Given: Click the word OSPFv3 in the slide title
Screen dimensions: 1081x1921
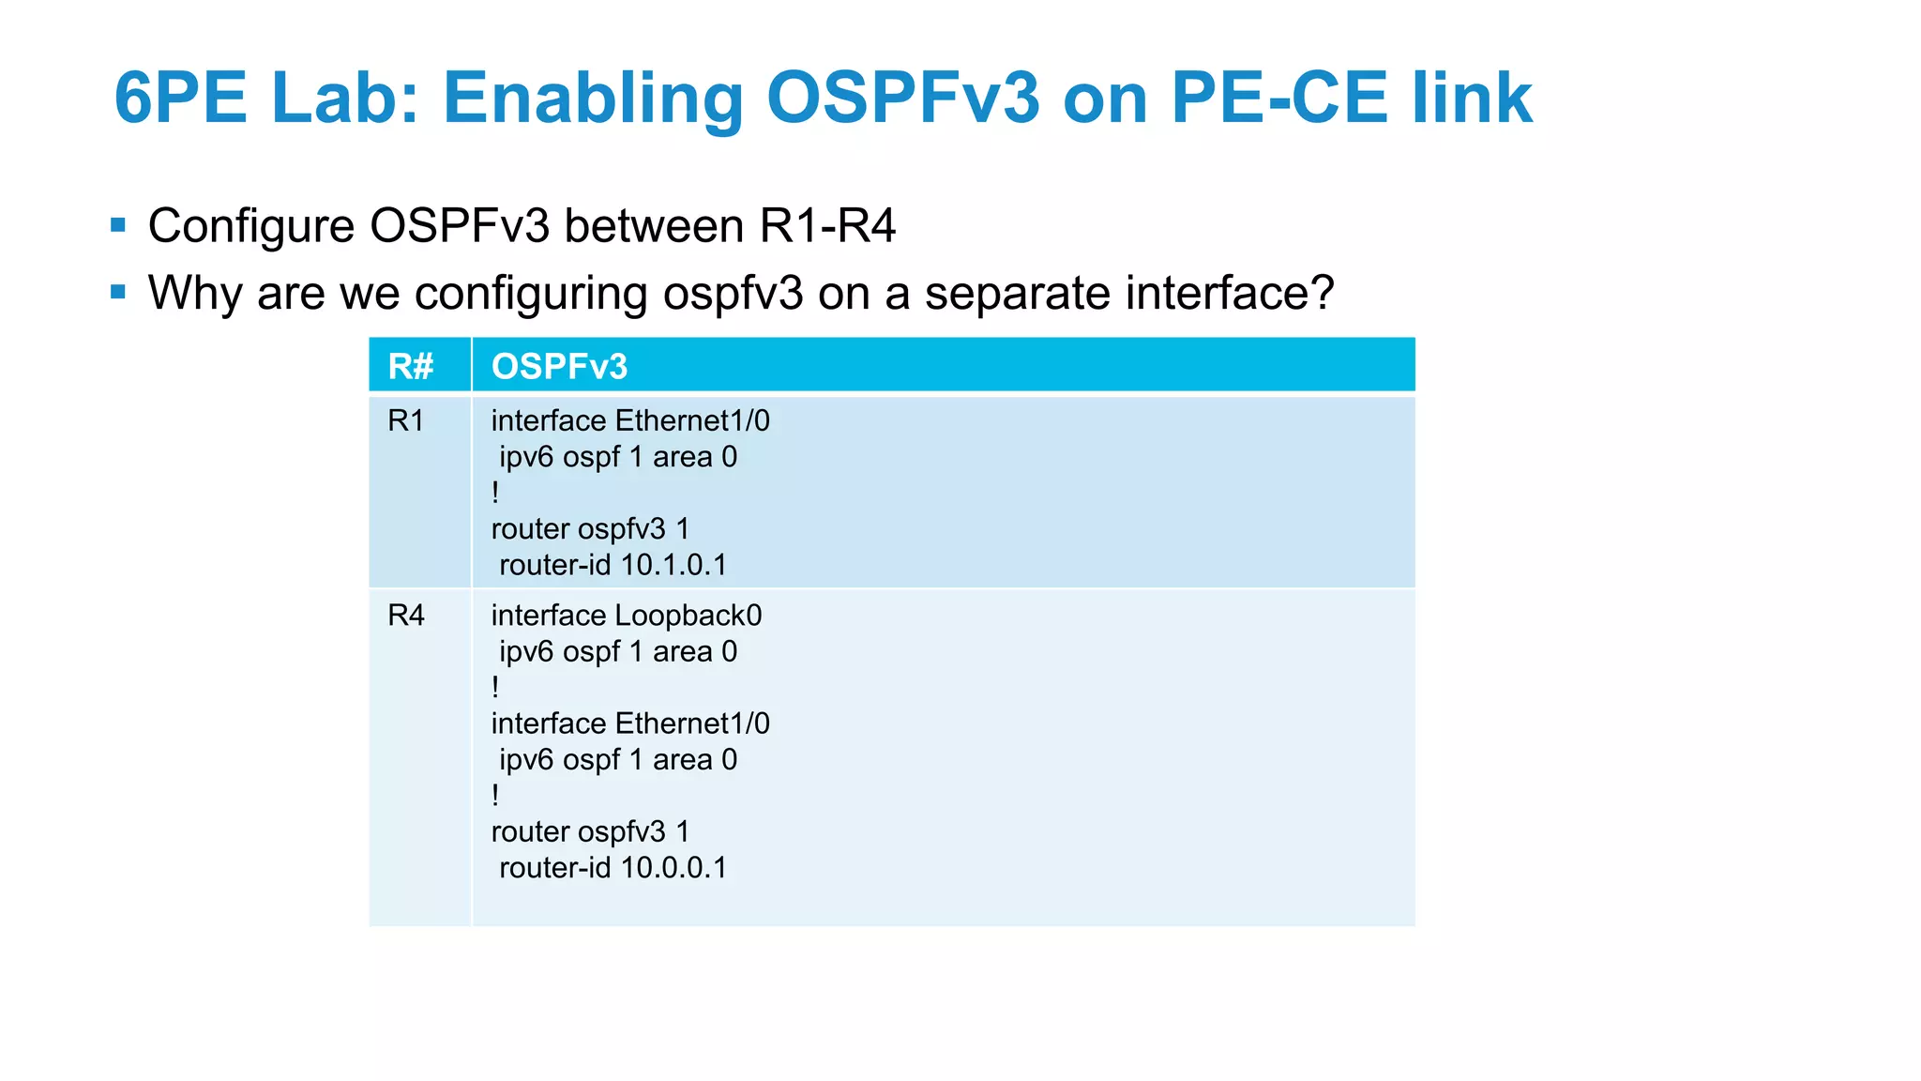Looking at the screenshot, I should [x=902, y=98].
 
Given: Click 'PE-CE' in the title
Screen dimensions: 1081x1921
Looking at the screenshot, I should [x=1278, y=98].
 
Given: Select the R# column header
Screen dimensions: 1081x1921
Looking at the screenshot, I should [x=411, y=366].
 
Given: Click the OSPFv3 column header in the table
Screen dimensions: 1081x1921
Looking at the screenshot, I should [x=559, y=366].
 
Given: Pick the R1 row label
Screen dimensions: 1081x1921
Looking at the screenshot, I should [x=405, y=421].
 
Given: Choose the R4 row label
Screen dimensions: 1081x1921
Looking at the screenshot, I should [x=405, y=616].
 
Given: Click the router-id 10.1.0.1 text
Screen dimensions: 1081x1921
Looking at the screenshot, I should [x=613, y=565].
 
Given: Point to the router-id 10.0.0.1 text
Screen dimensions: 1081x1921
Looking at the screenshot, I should [x=613, y=868].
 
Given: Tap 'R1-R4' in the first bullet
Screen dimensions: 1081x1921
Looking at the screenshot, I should [x=827, y=226].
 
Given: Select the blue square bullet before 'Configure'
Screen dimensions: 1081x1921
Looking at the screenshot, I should [x=118, y=225].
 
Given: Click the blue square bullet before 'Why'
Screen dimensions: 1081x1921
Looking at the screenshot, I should [x=118, y=292].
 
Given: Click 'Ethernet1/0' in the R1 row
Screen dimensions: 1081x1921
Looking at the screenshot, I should [x=692, y=421].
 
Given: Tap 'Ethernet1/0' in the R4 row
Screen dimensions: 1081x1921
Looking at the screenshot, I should [x=692, y=723].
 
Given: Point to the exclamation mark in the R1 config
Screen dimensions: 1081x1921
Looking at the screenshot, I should [x=495, y=493].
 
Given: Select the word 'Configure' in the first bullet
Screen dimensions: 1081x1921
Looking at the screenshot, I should [x=250, y=226].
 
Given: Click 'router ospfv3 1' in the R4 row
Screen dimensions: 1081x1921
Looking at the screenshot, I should [x=590, y=832].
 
